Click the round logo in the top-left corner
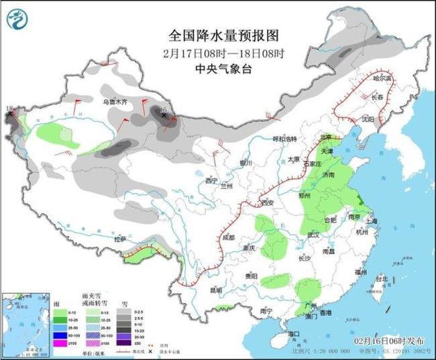pyautogui.click(x=18, y=19)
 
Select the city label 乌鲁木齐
pyautogui.click(x=114, y=101)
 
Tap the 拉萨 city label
pyautogui.click(x=120, y=239)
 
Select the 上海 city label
pyautogui.click(x=375, y=220)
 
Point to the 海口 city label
pyautogui.click(x=292, y=333)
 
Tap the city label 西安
pyautogui.click(x=268, y=202)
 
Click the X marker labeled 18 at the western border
pyautogui.click(x=9, y=115)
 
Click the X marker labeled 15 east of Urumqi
pyautogui.click(x=164, y=116)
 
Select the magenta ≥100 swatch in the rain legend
pyautogui.click(x=60, y=343)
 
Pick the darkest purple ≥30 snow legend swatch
pyautogui.click(x=125, y=343)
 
